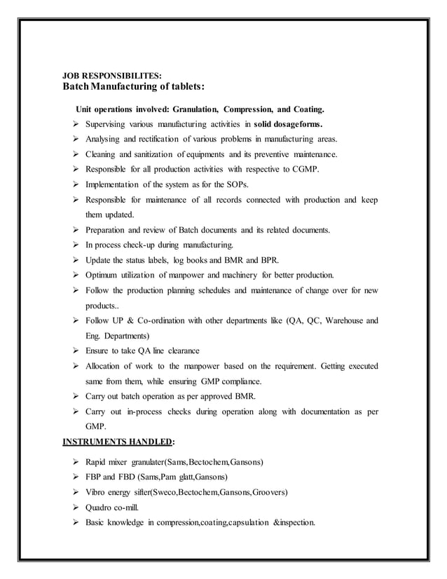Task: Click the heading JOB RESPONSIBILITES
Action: click(x=112, y=76)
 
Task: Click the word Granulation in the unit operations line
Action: click(x=193, y=110)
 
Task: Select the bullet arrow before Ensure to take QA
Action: click(x=74, y=350)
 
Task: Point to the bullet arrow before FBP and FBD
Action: click(x=74, y=477)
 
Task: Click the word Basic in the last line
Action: click(x=97, y=523)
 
